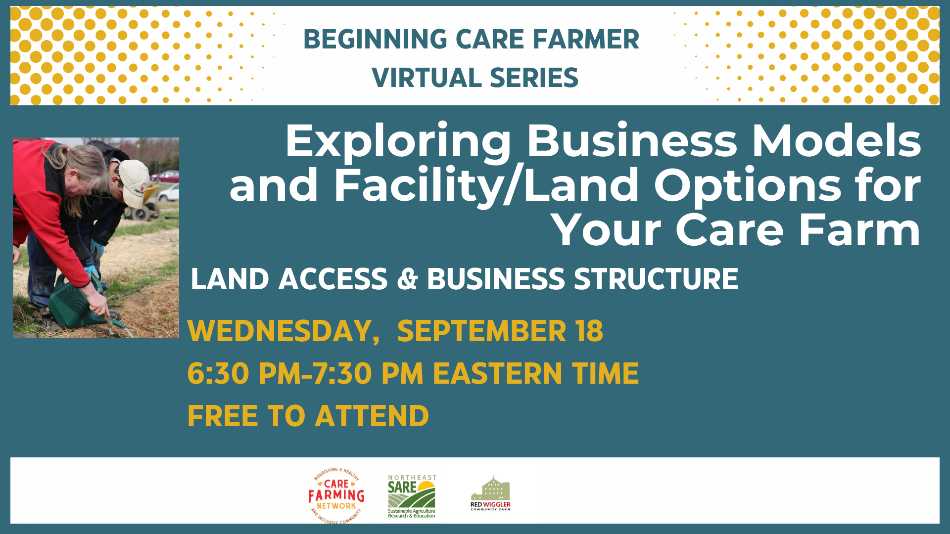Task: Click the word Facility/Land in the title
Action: [486, 186]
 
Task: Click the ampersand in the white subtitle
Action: [407, 279]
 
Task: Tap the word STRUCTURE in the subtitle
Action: [656, 279]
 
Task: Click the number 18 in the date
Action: [589, 331]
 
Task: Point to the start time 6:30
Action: [218, 374]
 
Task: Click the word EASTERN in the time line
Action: [497, 374]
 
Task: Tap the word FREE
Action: [223, 416]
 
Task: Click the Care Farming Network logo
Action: [336, 494]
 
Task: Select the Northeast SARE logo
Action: [412, 496]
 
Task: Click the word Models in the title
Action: [836, 142]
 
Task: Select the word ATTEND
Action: [372, 416]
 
